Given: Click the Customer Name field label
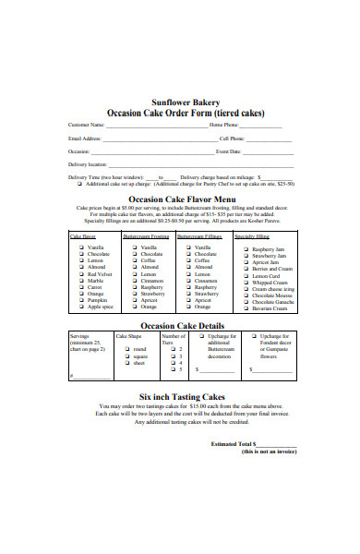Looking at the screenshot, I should (x=87, y=125).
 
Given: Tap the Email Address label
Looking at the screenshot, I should (x=83, y=138).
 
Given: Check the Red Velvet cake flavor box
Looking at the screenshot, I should (x=82, y=274).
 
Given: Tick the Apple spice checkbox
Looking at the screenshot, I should (x=82, y=306).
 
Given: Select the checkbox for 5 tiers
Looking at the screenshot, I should (x=172, y=369).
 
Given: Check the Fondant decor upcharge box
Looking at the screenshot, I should (x=254, y=337).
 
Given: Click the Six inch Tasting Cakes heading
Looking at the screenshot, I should (x=180, y=395).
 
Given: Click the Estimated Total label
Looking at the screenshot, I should (x=232, y=444).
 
